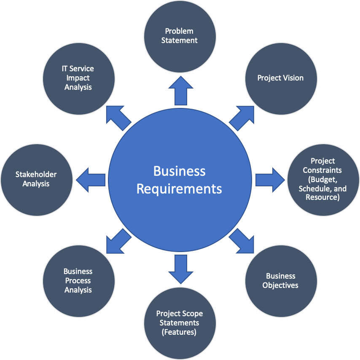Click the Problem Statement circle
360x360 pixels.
click(x=180, y=36)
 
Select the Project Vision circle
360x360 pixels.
click(x=281, y=78)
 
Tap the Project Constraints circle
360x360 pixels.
click(x=323, y=179)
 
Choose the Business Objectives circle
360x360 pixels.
click(x=281, y=281)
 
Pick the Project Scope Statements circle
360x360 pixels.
click(x=180, y=323)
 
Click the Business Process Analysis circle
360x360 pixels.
click(x=79, y=281)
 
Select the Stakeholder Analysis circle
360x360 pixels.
click(x=36, y=179)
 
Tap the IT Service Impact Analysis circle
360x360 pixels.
click(x=79, y=78)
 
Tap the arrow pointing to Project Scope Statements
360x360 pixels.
click(x=180, y=269)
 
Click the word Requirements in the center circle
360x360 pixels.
click(x=179, y=188)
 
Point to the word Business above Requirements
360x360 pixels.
click(x=179, y=171)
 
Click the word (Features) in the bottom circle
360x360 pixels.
click(x=180, y=332)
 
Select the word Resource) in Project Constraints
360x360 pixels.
click(x=323, y=197)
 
